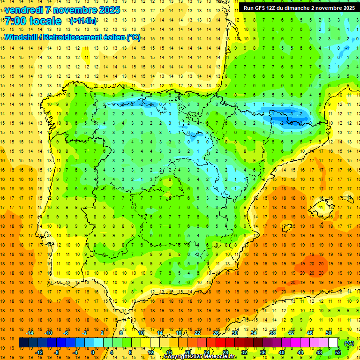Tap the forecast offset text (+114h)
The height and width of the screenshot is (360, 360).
[83, 21]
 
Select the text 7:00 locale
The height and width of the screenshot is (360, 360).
[33, 21]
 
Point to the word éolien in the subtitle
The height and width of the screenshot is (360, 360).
[112, 37]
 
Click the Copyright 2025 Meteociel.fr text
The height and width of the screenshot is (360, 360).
[200, 357]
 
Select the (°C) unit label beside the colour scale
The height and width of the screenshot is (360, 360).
[349, 343]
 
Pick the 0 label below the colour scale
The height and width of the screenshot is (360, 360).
[92, 352]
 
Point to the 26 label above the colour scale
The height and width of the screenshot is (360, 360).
[216, 332]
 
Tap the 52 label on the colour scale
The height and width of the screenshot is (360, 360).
[338, 352]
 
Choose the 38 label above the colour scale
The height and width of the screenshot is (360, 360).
[272, 332]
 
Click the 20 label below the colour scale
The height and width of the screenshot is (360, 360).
[187, 352]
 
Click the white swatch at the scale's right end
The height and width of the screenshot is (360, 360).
[333, 343]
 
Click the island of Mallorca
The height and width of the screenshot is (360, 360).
[323, 205]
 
